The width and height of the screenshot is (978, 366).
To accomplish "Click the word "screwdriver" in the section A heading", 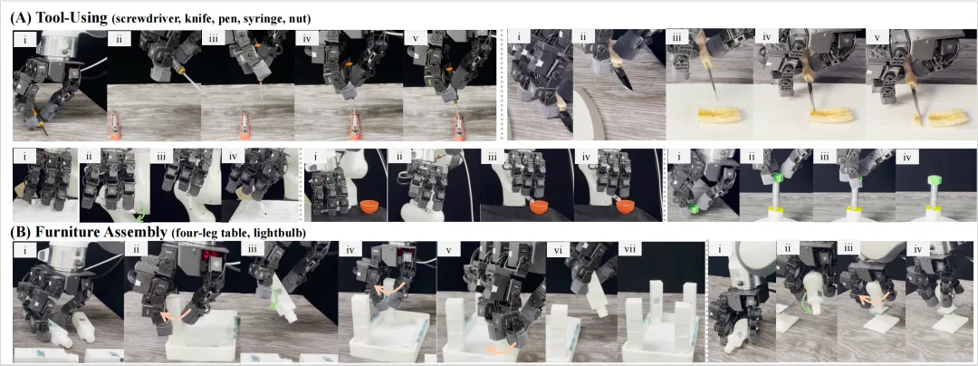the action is [x=141, y=19].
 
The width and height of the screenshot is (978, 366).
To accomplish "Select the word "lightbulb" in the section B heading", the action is [x=283, y=233].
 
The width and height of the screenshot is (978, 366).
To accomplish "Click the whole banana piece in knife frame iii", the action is [x=718, y=115].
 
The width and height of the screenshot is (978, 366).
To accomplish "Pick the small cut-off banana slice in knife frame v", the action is [x=916, y=119].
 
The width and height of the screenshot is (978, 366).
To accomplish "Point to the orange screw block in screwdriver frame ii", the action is [x=115, y=126].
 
